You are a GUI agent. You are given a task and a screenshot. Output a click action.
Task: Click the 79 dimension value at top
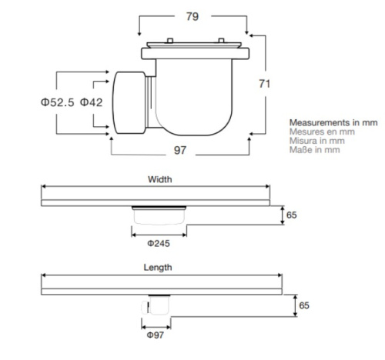point(192,16)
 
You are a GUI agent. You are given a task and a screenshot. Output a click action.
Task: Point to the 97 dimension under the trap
point(179,150)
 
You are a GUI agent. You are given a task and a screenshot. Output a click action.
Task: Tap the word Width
point(159,179)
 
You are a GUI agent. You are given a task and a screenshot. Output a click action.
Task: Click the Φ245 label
point(159,243)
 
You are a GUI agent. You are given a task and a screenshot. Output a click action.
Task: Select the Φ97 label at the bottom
point(156,335)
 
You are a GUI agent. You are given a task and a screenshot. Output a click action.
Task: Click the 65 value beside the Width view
point(292,215)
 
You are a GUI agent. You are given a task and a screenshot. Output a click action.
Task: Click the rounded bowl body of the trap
point(196,100)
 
